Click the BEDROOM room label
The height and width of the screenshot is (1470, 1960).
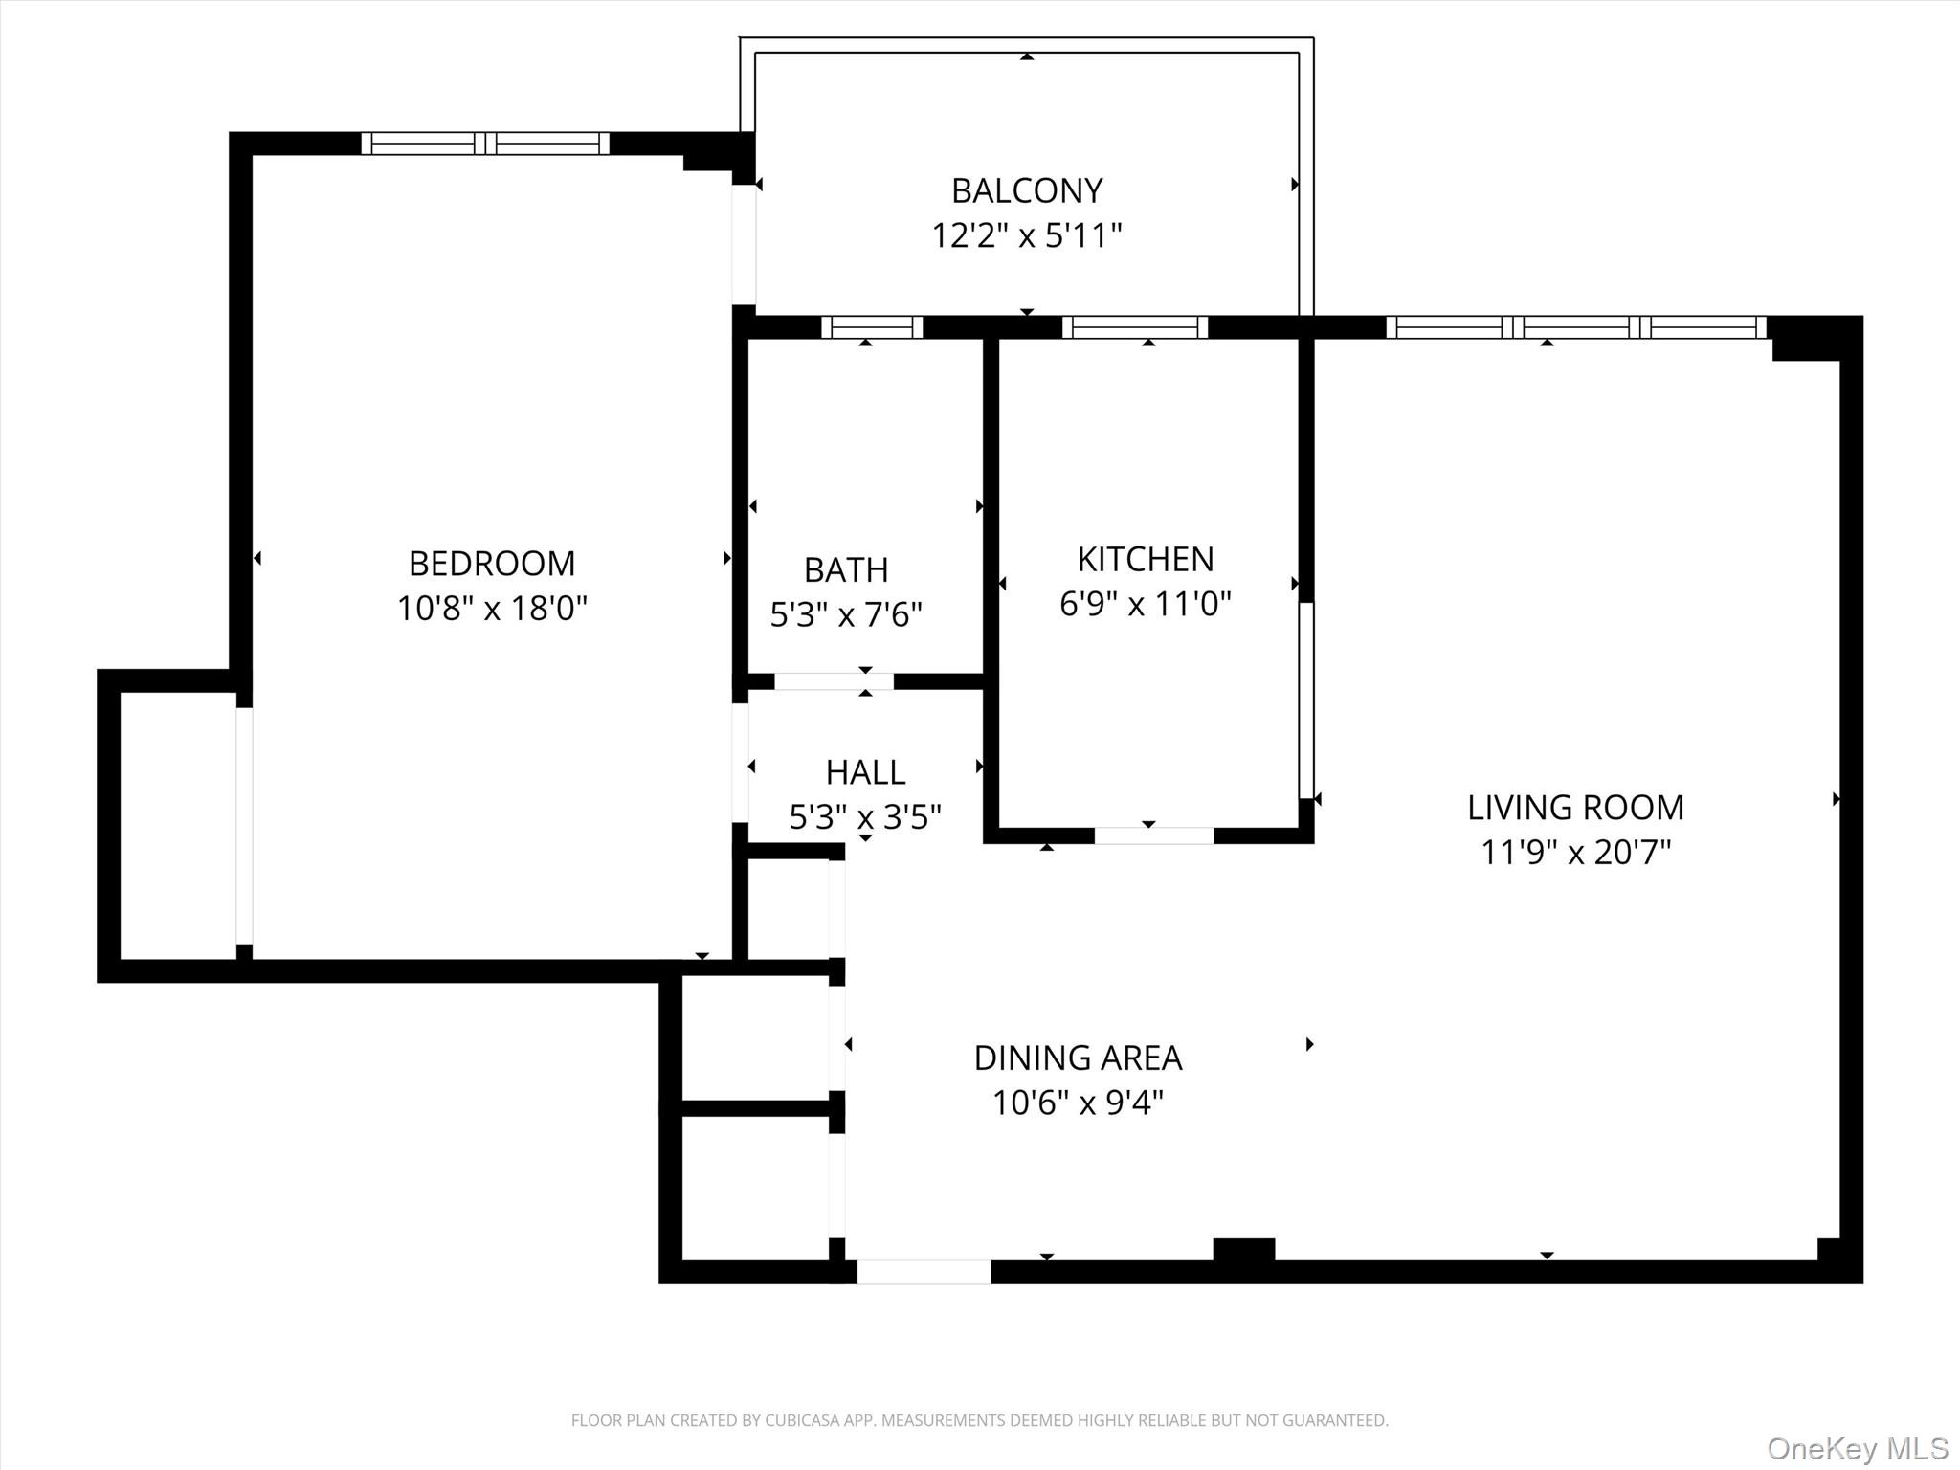coord(492,564)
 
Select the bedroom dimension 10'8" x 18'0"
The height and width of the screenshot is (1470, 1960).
coord(492,608)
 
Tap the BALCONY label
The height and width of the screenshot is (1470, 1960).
coord(1027,191)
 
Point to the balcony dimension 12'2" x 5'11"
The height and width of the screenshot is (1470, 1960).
coord(1027,235)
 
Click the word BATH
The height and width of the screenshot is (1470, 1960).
coord(846,570)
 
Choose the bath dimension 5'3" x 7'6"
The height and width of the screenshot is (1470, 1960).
coord(846,614)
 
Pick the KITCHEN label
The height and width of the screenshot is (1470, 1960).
coord(1146,559)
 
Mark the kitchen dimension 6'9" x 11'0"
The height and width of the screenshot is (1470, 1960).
coord(1146,604)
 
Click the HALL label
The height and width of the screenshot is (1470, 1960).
coord(865,772)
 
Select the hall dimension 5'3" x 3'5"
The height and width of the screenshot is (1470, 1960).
coord(865,817)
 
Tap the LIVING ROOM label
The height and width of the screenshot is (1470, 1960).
coord(1575,808)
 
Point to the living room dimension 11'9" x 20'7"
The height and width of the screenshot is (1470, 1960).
coord(1575,852)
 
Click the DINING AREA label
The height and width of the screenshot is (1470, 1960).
coord(1078,1058)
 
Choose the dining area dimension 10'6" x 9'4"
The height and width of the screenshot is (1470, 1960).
coord(1078,1103)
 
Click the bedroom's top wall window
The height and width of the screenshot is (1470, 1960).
coord(485,144)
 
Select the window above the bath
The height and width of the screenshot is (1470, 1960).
coord(872,327)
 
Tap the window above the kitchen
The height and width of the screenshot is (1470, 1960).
coord(1135,327)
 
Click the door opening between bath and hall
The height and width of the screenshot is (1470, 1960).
coord(834,681)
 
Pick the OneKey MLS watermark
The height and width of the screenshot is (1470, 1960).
coord(1857,1449)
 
